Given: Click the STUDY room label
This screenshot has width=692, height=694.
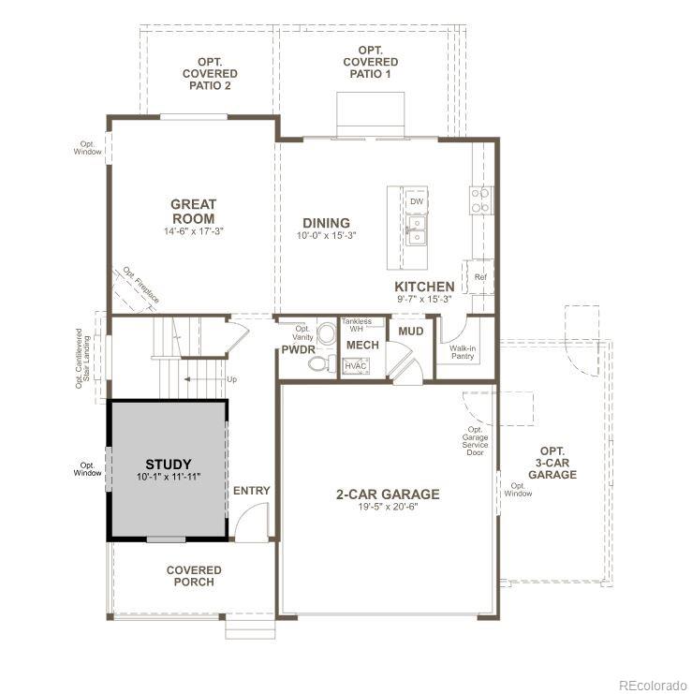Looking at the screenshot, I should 169,465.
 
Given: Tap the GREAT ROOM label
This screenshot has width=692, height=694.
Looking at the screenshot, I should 193,212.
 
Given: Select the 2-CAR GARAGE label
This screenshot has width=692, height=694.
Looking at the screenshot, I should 388,495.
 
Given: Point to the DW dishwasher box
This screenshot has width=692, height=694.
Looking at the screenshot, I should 417,200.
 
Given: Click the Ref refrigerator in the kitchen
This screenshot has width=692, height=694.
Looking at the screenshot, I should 479,277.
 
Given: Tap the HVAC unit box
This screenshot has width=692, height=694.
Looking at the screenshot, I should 355,366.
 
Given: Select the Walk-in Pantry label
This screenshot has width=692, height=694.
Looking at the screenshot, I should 462,352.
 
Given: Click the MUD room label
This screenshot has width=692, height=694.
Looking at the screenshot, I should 410,331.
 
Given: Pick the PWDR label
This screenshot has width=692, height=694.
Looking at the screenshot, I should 298,349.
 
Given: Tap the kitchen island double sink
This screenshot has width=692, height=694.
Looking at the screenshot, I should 416,229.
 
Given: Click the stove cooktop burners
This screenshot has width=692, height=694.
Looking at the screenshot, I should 480,200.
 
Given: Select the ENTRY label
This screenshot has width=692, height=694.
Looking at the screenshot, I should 251,491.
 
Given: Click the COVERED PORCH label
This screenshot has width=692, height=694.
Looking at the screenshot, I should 194,576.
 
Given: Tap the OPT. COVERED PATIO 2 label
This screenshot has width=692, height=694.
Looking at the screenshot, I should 210,73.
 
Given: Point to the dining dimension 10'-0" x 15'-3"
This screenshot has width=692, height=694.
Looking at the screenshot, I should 327,235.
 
